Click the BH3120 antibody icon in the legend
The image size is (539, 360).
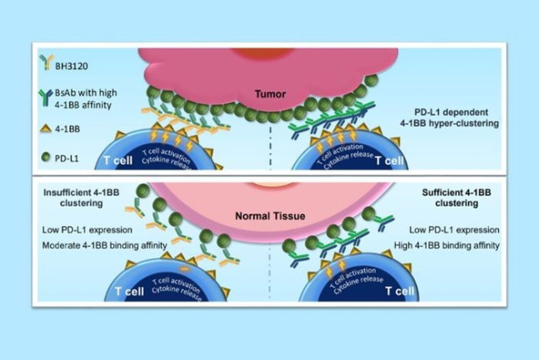click(x=47, y=62)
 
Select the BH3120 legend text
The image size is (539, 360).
click(x=72, y=66)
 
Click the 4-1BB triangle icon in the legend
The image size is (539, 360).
click(x=46, y=128)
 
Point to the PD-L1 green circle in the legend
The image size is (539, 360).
click(x=46, y=157)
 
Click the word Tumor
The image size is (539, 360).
click(x=270, y=93)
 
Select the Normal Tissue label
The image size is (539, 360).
click(x=270, y=216)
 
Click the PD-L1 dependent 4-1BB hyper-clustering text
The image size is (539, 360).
click(x=450, y=117)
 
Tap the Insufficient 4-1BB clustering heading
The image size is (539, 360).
click(x=82, y=197)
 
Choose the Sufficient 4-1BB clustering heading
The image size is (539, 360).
click(x=457, y=197)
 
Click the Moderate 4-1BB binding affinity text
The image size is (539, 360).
click(x=104, y=245)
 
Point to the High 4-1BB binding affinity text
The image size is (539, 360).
click(x=447, y=245)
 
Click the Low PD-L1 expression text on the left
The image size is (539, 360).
click(x=87, y=230)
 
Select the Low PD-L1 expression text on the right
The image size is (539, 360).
click(x=454, y=230)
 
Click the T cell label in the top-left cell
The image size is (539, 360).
click(x=118, y=160)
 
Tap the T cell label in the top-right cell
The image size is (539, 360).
click(x=389, y=160)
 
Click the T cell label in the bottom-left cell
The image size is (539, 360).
click(x=129, y=291)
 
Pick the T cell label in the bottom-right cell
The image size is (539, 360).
click(x=400, y=291)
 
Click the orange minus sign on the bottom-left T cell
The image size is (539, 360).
click(x=185, y=269)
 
